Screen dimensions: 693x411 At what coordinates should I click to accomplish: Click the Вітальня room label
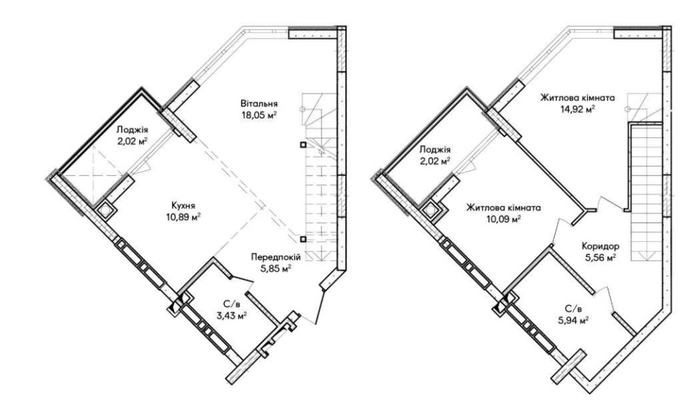point(259,104)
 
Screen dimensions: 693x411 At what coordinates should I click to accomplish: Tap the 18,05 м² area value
point(259,115)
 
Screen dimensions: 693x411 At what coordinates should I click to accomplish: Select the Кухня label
point(184,205)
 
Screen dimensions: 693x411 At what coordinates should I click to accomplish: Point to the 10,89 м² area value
point(184,216)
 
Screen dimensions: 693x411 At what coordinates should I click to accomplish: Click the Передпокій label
point(276,256)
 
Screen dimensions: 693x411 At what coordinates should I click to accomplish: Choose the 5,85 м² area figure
point(276,268)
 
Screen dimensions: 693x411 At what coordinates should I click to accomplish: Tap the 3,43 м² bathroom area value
point(231,315)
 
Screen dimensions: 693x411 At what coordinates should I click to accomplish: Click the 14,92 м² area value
point(577,109)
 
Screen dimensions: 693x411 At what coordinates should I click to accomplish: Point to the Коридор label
point(601,246)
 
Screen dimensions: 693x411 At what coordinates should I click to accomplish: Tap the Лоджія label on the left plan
point(132,130)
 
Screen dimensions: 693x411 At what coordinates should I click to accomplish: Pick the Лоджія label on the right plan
point(435,150)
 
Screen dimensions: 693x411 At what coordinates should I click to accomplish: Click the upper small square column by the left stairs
point(303,145)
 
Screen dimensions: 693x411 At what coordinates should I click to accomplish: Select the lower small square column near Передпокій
point(303,239)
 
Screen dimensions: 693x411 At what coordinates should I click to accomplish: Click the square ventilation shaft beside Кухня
point(105,211)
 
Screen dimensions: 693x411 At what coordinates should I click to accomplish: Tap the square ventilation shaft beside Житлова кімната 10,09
point(431,211)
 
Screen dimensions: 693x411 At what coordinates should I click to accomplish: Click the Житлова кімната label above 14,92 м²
point(577,98)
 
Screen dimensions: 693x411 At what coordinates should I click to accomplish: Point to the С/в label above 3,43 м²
point(231,304)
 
